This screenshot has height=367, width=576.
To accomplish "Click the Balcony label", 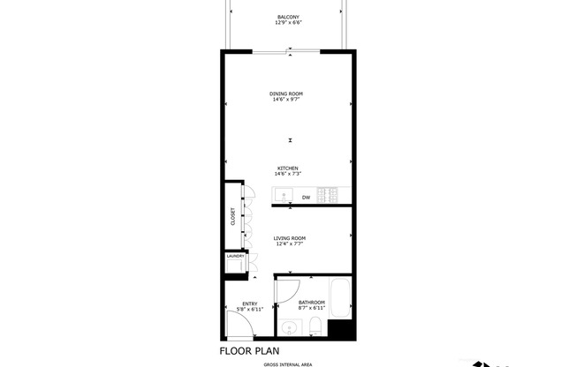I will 287,17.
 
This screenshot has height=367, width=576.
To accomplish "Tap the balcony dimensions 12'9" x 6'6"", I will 287,23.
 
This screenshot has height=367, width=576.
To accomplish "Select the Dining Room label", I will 287,94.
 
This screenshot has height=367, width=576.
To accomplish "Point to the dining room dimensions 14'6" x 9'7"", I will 287,100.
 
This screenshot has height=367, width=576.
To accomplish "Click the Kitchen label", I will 288,169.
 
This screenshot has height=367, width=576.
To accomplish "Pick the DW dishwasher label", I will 306,198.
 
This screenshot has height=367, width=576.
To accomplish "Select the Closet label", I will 233,216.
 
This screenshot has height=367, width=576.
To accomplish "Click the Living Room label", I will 289,238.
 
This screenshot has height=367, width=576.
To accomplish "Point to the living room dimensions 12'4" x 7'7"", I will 289,244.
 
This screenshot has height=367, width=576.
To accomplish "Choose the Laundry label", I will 235,256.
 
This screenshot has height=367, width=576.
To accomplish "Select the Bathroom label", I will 311,303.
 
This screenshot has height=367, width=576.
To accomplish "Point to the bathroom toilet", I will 315,329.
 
